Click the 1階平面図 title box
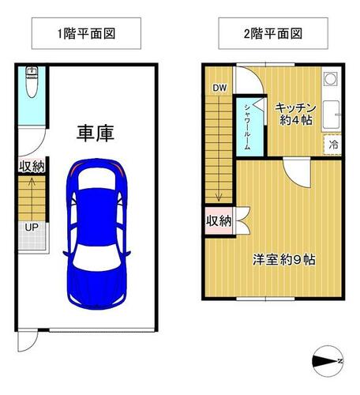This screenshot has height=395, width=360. pos(86,33)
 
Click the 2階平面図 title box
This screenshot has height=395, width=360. pos(273,33)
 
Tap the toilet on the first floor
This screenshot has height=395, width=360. pos(32,82)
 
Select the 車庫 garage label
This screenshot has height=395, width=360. pos(96,134)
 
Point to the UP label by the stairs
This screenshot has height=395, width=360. pos(32,227)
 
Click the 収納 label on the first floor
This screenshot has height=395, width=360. pos(32,166)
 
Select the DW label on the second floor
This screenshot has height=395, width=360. pos(219,88)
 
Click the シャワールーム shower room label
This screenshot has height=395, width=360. pos(247,127)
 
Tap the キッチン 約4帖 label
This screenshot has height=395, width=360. pos(296,114)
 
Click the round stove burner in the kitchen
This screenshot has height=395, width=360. pos(331,78)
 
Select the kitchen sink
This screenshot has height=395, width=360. pos(331,114)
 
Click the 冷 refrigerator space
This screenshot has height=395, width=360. pos(332,145)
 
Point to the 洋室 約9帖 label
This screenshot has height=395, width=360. pos(283,260)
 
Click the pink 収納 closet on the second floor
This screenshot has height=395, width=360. pos(219,220)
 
